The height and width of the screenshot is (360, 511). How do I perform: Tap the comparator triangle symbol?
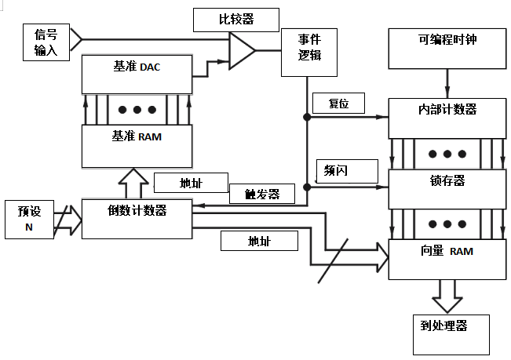coord(242,51)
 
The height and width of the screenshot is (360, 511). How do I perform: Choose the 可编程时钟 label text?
coord(447,40)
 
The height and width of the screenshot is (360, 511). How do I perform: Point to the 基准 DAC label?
coord(137,67)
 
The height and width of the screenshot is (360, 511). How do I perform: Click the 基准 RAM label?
coord(137,136)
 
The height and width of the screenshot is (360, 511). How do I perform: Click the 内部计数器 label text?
coord(447,109)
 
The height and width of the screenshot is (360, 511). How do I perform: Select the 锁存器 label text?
coord(447,180)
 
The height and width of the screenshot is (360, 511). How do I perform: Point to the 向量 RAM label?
coord(447,251)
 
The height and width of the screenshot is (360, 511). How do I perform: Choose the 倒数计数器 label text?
coord(137,210)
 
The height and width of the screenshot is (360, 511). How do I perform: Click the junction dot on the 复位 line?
coord(307,117)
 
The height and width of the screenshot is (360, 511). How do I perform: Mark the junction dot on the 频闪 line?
coord(307,187)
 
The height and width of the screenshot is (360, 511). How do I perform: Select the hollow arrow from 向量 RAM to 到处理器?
coord(447,296)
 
